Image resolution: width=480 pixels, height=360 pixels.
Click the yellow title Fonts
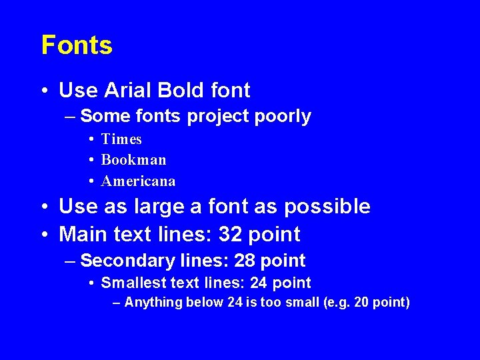click(x=77, y=45)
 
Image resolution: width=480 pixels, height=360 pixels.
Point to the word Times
click(x=121, y=139)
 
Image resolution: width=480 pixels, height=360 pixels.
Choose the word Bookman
click(x=133, y=160)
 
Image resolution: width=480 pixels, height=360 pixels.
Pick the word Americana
click(x=138, y=181)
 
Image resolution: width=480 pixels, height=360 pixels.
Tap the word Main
click(x=79, y=235)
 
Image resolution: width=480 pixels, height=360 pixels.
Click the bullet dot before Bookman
click(x=90, y=161)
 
